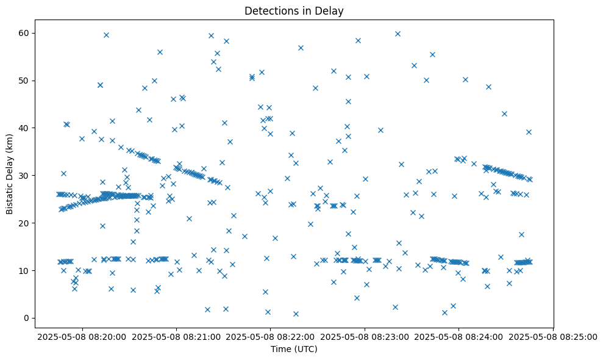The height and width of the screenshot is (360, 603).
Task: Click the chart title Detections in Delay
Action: click(x=294, y=10)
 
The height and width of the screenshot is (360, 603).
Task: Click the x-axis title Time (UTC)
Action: click(x=294, y=350)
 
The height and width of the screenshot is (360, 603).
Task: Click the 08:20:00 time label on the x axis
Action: click(x=82, y=336)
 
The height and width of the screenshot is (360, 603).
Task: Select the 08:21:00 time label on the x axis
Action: click(x=176, y=336)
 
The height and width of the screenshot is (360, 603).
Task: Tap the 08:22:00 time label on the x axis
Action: click(x=271, y=336)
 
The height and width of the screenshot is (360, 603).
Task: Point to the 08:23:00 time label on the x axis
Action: click(x=365, y=336)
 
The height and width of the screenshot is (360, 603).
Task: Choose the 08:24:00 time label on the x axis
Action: click(x=459, y=336)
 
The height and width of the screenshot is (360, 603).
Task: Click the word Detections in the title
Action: click(x=269, y=10)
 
